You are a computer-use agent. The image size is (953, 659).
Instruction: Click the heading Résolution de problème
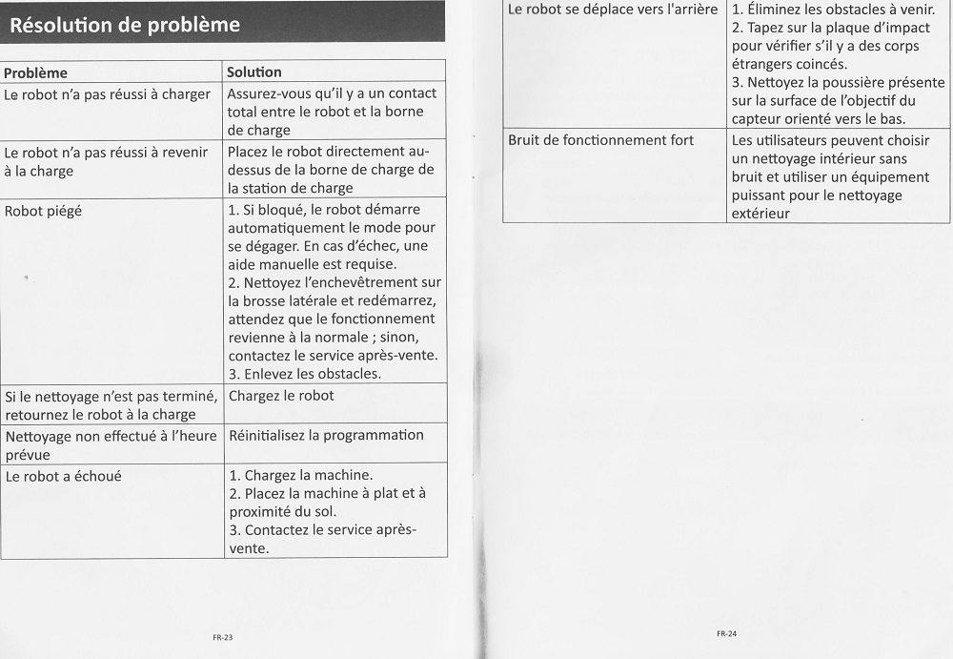(x=125, y=25)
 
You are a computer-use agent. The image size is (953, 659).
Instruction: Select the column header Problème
(x=36, y=72)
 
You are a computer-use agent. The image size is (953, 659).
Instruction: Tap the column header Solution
(x=254, y=72)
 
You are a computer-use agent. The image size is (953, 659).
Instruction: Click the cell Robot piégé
(x=43, y=211)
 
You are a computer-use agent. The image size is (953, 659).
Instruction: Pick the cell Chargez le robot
(x=281, y=396)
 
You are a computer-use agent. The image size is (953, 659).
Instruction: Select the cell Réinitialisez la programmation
(x=326, y=436)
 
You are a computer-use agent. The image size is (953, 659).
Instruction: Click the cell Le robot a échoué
(x=63, y=476)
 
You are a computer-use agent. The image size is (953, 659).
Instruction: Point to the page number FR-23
(x=222, y=636)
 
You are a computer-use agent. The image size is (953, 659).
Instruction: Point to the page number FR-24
(x=727, y=633)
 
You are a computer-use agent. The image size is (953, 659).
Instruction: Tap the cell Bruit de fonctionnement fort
(x=600, y=140)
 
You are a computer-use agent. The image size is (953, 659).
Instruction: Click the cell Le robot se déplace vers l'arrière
(x=613, y=10)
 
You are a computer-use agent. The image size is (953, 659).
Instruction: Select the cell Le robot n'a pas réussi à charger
(x=107, y=94)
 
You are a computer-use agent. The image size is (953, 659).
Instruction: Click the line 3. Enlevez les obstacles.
(x=305, y=374)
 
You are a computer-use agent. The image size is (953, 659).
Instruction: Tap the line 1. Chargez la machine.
(x=301, y=475)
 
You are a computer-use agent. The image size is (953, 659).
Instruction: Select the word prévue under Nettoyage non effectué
(x=28, y=455)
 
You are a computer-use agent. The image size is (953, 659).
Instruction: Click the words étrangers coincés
(x=789, y=64)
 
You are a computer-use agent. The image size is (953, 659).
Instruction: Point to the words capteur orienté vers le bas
(x=819, y=119)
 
